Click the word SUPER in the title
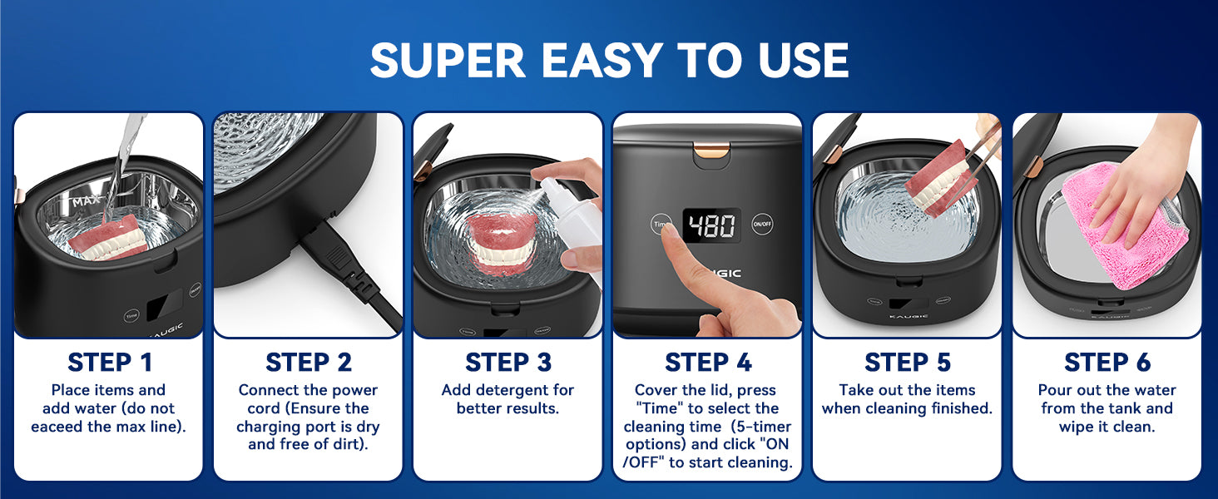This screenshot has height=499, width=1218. pos(448,60)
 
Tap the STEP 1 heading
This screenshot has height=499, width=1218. pos(109,363)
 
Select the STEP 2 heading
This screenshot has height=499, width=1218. pos(309,363)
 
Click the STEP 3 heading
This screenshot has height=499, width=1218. pos(507,363)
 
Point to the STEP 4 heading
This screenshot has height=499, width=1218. pos(708,363)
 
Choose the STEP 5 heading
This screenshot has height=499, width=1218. pos(908,363)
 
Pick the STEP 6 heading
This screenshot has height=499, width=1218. pos(1107,363)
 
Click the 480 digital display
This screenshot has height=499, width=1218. pos(712,225)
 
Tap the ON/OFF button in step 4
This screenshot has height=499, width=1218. pos(762,224)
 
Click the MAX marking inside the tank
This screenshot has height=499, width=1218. pos(86,201)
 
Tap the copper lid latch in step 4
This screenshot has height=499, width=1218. pos(711,149)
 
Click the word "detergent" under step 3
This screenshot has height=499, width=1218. pos(507,390)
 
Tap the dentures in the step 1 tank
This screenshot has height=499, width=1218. pos(109,238)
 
